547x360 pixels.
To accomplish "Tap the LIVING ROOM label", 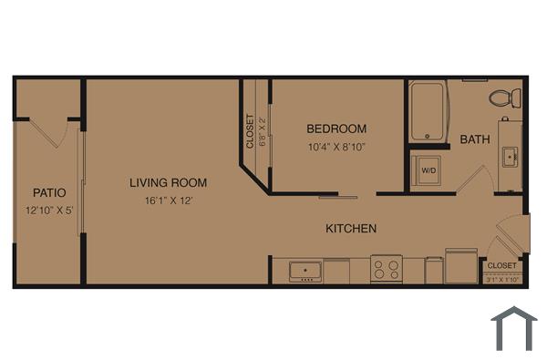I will tap(168, 182).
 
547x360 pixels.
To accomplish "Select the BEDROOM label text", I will tap(336, 129).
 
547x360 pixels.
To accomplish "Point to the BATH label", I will tap(474, 139).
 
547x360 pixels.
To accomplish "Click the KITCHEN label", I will tap(351, 228).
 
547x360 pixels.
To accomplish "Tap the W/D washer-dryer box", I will tap(427, 170).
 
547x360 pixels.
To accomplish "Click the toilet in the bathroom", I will tap(504, 97).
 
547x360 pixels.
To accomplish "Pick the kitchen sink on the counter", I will tap(304, 271).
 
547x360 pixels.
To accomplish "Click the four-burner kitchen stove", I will tap(387, 270).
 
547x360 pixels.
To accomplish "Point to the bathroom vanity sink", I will tap(511, 157).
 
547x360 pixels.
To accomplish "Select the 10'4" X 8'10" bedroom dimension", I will tap(336, 146).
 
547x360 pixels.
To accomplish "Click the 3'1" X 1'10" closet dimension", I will tap(502, 280).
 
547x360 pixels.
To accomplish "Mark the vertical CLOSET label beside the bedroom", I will tap(250, 130).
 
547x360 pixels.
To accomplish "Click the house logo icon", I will tap(513, 329).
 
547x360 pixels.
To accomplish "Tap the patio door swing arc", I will tap(52, 135).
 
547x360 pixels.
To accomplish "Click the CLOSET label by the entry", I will tap(502, 265).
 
